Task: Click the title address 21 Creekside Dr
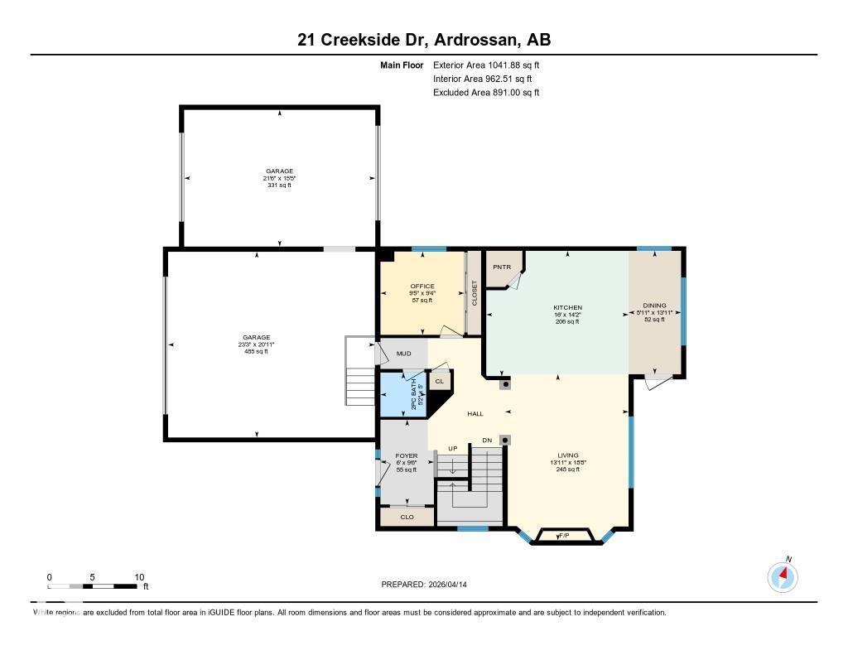(423, 40)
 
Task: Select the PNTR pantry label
(502, 267)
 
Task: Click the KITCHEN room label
(568, 308)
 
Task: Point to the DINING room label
(654, 306)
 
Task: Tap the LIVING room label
(568, 455)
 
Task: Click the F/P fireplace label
(564, 537)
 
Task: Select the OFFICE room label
(422, 287)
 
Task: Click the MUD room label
(403, 354)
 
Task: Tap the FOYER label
(406, 455)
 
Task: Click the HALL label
(475, 414)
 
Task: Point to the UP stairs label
(452, 448)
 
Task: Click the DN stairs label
(488, 440)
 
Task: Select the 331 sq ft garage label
(279, 185)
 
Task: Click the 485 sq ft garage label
(257, 352)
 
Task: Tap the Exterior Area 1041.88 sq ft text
(486, 65)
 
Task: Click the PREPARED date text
(429, 584)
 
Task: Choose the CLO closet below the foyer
(407, 517)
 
